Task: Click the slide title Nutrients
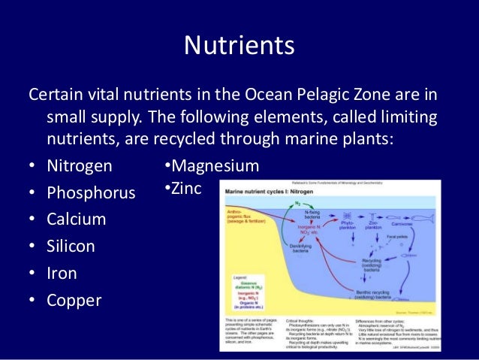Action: pyautogui.click(x=239, y=47)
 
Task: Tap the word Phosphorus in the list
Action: pyautogui.click(x=91, y=192)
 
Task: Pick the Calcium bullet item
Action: pyautogui.click(x=76, y=219)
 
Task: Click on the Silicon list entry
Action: pyautogui.click(x=72, y=247)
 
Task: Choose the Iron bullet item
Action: pyautogui.click(x=62, y=274)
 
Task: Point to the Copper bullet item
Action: pyautogui.click(x=74, y=301)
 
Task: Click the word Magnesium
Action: pyautogui.click(x=214, y=166)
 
